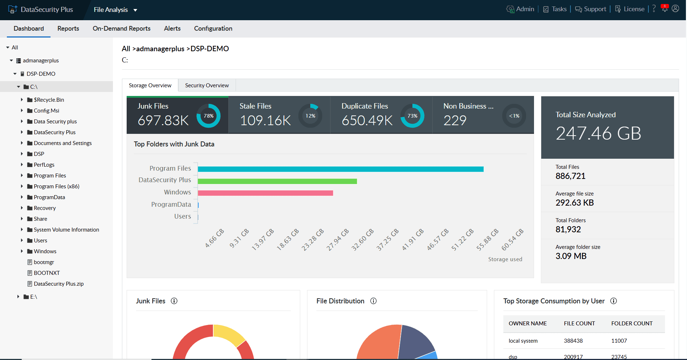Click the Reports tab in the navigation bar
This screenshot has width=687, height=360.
[68, 28]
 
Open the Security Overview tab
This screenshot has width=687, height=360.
[207, 85]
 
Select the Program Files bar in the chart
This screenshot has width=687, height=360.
[340, 169]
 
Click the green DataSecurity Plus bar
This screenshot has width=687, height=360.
[277, 181]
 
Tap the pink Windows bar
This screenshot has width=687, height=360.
[265, 193]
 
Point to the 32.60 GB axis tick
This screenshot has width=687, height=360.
[363, 240]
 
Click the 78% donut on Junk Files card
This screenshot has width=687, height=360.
[208, 116]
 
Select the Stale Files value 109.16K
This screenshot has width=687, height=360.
[265, 120]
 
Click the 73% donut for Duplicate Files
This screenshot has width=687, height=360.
[412, 116]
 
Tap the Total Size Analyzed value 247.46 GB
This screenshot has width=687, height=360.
[598, 133]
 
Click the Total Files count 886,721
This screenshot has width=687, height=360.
[570, 176]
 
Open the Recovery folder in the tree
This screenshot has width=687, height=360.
[44, 208]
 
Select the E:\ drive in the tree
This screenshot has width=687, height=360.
[34, 297]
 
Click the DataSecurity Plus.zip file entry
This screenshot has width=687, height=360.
[58, 284]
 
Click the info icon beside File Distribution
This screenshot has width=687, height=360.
[373, 301]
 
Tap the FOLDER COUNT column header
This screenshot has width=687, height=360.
[631, 324]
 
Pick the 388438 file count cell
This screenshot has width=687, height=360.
[573, 341]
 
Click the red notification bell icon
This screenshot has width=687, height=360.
[664, 9]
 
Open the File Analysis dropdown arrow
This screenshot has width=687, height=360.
[135, 10]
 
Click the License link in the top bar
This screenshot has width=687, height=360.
[634, 9]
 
